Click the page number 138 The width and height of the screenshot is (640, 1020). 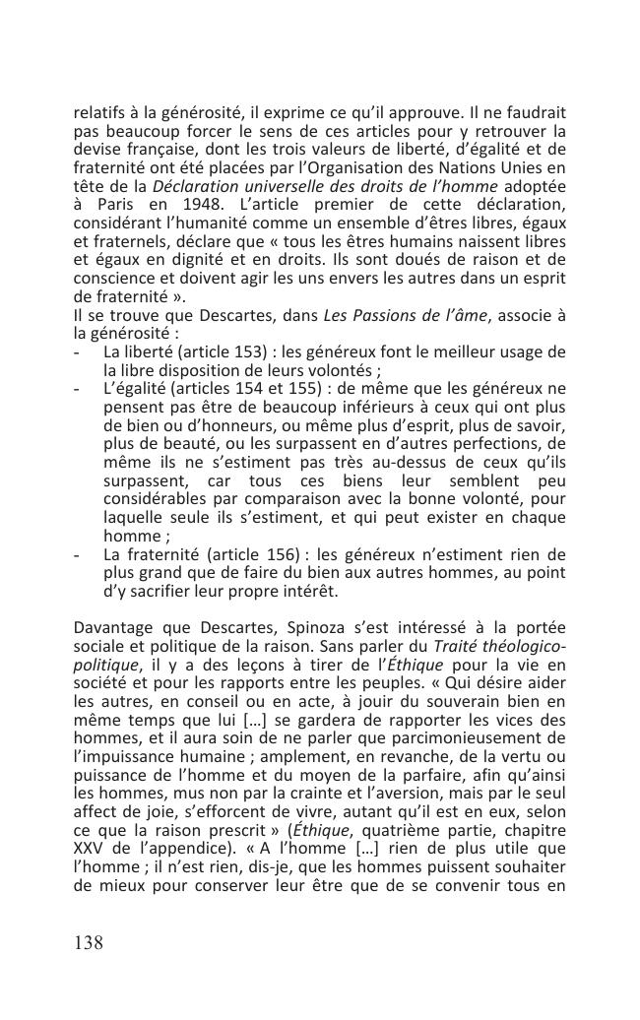(x=89, y=943)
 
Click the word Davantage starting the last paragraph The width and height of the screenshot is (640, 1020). (x=114, y=627)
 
